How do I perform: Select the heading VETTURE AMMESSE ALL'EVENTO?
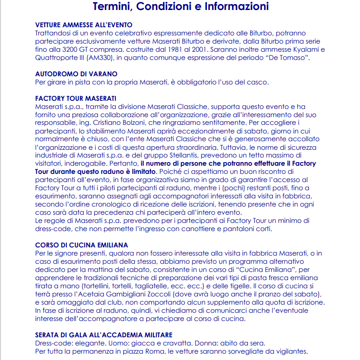tap(84, 25)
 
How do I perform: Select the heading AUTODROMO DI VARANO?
tap(76, 74)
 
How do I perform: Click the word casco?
tap(259, 82)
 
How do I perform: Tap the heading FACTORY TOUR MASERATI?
tap(75, 99)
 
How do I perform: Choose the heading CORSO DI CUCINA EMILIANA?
tap(81, 245)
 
